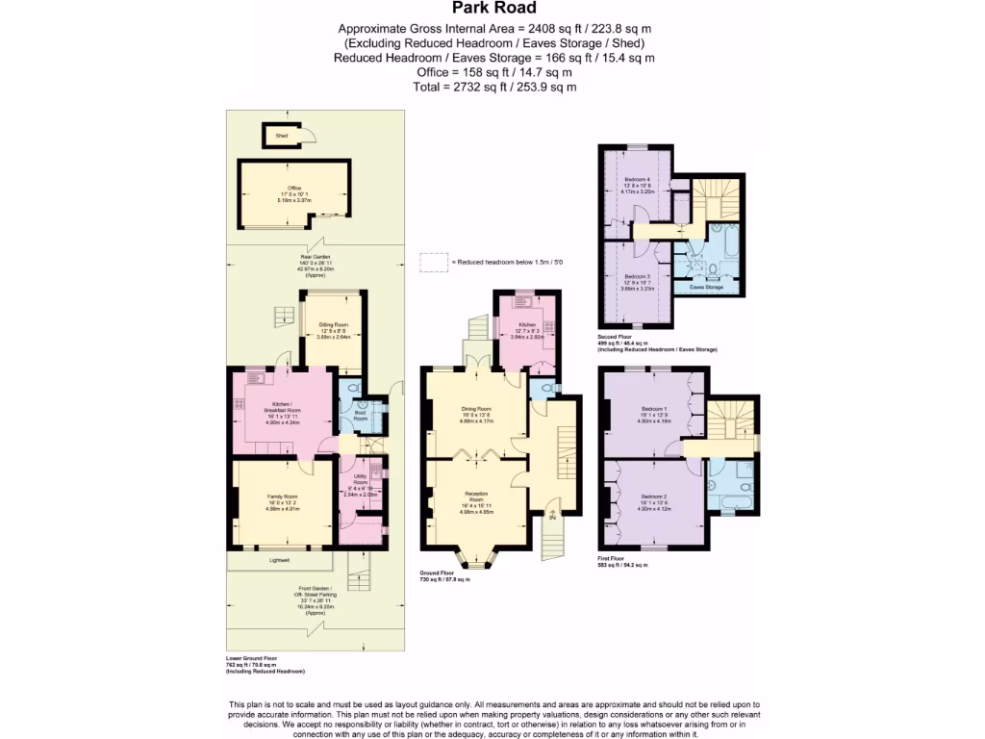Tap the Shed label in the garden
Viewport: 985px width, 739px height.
click(x=282, y=137)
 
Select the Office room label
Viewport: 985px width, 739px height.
click(x=294, y=188)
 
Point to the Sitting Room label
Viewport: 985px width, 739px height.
click(x=333, y=325)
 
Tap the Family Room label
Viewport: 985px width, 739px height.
click(x=283, y=497)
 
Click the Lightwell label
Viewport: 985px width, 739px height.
click(x=281, y=558)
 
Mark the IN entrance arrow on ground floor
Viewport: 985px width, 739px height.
click(x=552, y=516)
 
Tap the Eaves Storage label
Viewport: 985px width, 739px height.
click(x=707, y=287)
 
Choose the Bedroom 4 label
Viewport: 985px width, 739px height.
click(x=637, y=180)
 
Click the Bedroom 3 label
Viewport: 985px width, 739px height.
click(x=637, y=275)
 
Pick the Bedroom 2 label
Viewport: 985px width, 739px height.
click(x=654, y=496)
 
